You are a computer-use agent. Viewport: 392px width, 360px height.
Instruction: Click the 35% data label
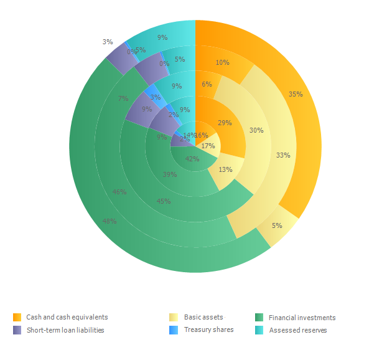point(296,95)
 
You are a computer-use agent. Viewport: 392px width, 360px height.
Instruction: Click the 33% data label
point(283,155)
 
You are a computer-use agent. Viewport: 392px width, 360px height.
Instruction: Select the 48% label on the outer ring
point(110,221)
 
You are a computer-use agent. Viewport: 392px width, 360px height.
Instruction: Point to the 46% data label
point(119,192)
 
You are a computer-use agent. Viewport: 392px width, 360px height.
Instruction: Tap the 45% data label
point(164,201)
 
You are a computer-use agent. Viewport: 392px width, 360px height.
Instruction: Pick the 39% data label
point(169,175)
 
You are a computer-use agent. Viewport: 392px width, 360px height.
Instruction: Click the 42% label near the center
point(192,159)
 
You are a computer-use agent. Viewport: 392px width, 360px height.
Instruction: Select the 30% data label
point(256,131)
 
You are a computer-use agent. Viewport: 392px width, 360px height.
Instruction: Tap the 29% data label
point(225,123)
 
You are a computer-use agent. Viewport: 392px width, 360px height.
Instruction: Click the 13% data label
point(225,169)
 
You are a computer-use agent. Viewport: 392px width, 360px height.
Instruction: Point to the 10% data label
point(222,62)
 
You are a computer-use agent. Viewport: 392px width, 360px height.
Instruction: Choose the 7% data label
point(123,98)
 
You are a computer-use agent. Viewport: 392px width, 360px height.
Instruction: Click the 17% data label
point(208,146)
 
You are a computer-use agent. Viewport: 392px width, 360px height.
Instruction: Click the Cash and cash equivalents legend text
point(67,318)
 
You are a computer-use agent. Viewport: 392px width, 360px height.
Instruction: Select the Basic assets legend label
point(203,318)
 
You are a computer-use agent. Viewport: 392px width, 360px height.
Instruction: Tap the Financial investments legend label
point(302,318)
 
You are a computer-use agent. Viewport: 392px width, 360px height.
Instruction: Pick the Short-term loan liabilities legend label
point(65,330)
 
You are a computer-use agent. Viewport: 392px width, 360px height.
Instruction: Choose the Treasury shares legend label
point(209,329)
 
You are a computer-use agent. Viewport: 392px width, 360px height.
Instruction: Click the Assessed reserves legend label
point(298,330)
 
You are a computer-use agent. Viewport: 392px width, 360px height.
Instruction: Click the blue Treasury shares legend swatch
point(175,329)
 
